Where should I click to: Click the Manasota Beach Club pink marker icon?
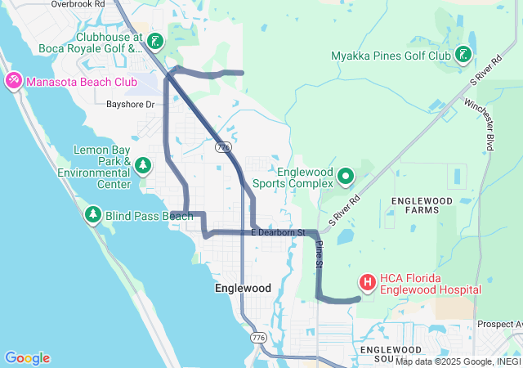pyautogui.click(x=13, y=81)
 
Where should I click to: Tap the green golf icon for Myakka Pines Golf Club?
pyautogui.click(x=463, y=55)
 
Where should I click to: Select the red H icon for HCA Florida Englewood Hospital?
pyautogui.click(x=368, y=283)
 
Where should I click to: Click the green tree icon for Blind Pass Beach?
pyautogui.click(x=92, y=215)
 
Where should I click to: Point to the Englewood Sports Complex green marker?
pyautogui.click(x=346, y=175)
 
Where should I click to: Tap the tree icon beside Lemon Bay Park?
pyautogui.click(x=144, y=167)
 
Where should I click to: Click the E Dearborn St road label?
pyautogui.click(x=278, y=233)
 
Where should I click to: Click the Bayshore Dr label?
pyautogui.click(x=130, y=105)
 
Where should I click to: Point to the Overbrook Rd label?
pyautogui.click(x=78, y=4)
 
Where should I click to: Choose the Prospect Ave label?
pyautogui.click(x=501, y=324)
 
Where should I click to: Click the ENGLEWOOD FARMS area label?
pyautogui.click(x=422, y=205)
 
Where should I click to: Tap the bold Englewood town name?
pyautogui.click(x=243, y=289)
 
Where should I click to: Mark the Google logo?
pyautogui.click(x=27, y=358)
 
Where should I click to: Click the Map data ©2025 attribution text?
pyautogui.click(x=458, y=361)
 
